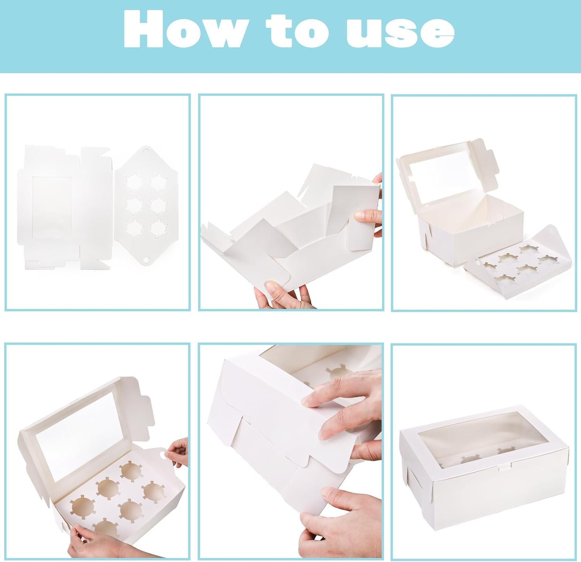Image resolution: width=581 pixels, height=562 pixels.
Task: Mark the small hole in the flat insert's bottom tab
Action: point(146,258)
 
